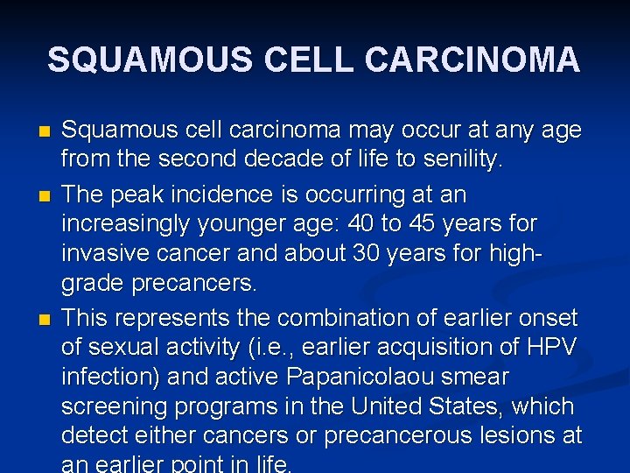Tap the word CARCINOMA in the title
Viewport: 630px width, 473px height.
tap(472, 60)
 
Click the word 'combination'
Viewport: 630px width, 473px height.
tap(316, 316)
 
